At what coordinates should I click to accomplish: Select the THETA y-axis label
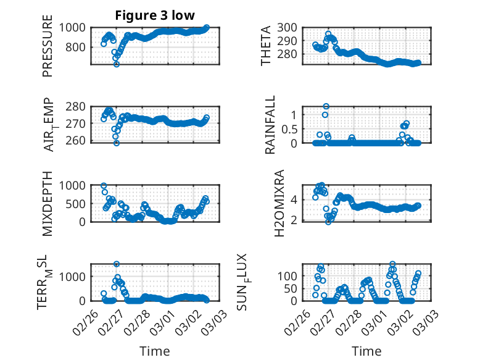pyautogui.click(x=266, y=46)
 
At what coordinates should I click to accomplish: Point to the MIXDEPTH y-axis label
pyautogui.click(x=48, y=203)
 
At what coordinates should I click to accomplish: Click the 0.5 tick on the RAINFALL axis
pyautogui.click(x=292, y=128)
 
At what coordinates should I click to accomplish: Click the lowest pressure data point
pyautogui.click(x=116, y=64)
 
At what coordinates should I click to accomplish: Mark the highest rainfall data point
pyautogui.click(x=326, y=106)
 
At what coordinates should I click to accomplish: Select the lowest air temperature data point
pyautogui.click(x=116, y=143)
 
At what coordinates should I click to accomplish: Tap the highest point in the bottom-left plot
pyautogui.click(x=117, y=264)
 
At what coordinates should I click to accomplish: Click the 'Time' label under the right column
pyautogui.click(x=366, y=351)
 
